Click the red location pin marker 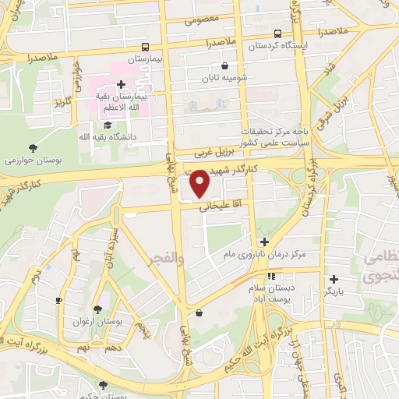[x=200, y=184]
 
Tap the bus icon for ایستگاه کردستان [x=278, y=34]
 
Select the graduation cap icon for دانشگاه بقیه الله [x=108, y=124]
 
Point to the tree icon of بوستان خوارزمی [x=32, y=147]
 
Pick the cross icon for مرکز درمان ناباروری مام [x=264, y=242]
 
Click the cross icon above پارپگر [x=334, y=278]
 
